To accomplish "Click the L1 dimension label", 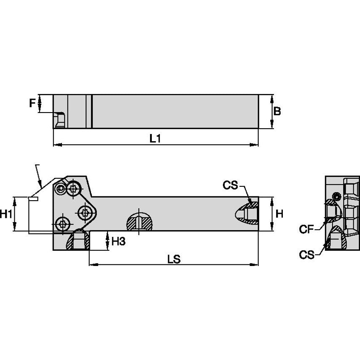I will click(x=156, y=138).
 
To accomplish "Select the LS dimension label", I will click(x=174, y=259).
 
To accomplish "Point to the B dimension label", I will click(x=277, y=111).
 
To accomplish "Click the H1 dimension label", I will click(x=6, y=215).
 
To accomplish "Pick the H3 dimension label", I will click(x=118, y=241).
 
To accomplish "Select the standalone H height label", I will click(x=279, y=214).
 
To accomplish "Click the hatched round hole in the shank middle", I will click(x=140, y=220).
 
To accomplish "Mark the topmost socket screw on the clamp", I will click(x=74, y=188).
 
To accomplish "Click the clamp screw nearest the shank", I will click(x=86, y=212).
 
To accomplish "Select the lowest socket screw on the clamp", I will click(x=63, y=223).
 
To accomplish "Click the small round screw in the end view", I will click(x=336, y=196).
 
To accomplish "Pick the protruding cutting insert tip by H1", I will click(x=33, y=199).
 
